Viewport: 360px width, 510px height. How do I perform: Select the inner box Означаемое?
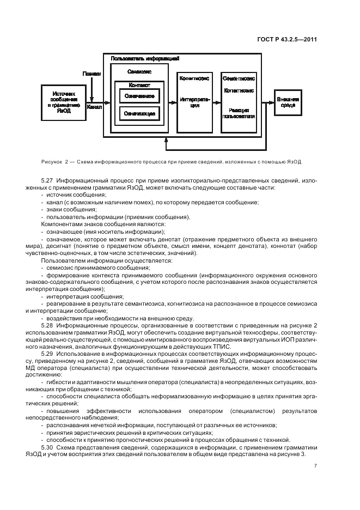(139, 96)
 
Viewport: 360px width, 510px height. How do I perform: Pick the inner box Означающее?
(139, 114)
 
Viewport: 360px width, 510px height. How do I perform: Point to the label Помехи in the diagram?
(91, 73)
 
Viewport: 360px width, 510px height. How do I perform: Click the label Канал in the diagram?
(94, 107)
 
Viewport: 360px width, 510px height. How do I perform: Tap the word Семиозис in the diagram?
(139, 71)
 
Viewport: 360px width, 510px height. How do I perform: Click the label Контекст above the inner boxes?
(139, 85)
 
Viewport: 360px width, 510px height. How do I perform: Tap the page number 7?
(316, 466)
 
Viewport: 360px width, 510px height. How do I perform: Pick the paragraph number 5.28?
(47, 325)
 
